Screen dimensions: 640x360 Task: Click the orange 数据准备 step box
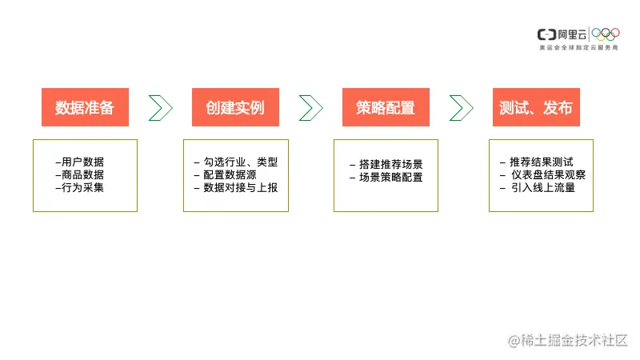click(85, 107)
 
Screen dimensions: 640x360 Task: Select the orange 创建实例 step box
click(235, 107)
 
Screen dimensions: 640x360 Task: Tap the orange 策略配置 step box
click(386, 107)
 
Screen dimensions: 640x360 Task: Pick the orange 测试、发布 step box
click(536, 107)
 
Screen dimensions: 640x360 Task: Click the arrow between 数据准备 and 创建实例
click(160, 107)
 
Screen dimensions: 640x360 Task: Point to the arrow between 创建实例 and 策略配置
click(310, 107)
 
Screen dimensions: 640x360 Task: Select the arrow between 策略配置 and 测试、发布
click(462, 107)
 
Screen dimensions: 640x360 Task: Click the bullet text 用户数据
click(82, 162)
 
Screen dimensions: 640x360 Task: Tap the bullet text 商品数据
click(82, 174)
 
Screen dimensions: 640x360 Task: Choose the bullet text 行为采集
click(82, 187)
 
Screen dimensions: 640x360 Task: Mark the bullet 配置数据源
click(230, 174)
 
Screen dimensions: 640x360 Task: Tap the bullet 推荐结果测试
click(541, 162)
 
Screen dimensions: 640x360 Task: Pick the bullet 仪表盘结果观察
click(546, 174)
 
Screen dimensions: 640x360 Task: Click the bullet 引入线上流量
click(541, 187)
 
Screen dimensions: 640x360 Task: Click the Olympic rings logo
click(606, 34)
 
